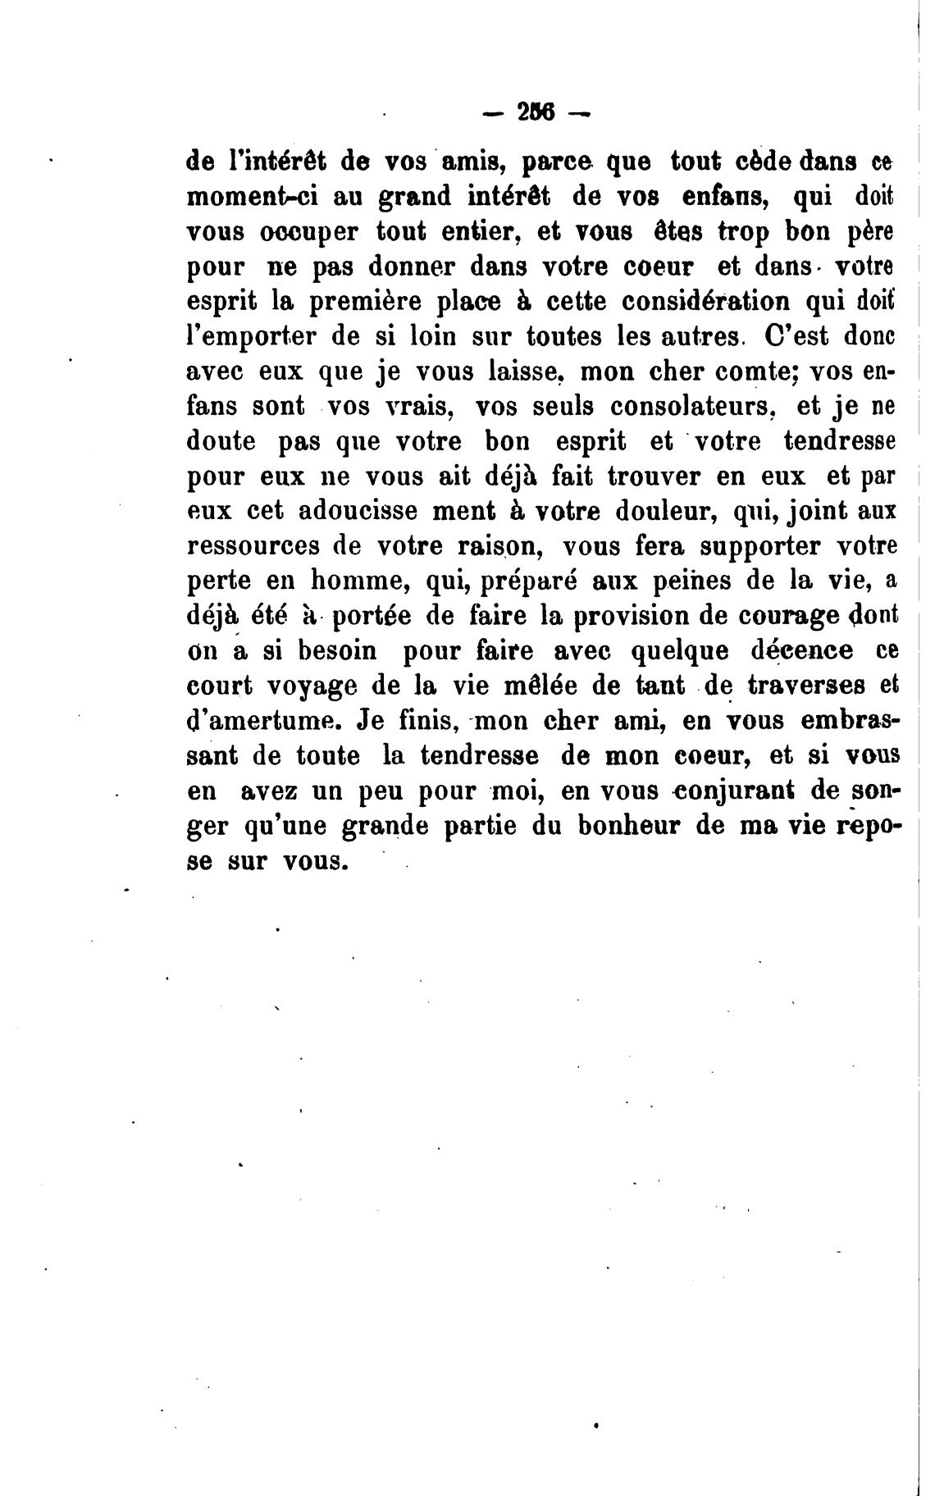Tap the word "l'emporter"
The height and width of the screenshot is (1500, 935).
[258, 337]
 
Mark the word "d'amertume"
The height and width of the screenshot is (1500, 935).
[262, 722]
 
